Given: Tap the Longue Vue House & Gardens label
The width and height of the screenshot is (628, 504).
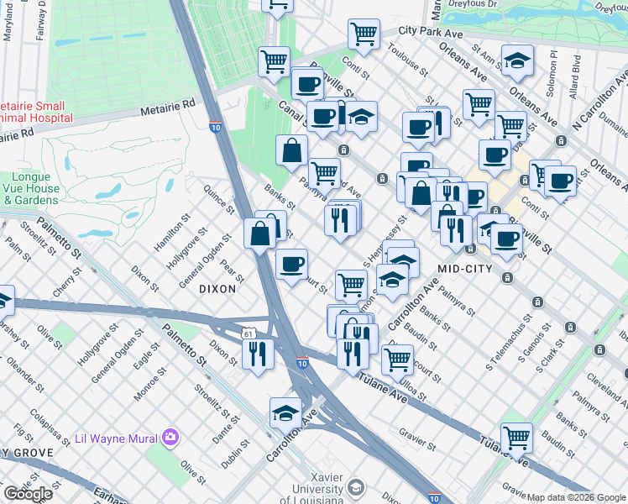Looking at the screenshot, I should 33,189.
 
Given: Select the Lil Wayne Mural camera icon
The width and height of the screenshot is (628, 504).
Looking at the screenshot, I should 171,437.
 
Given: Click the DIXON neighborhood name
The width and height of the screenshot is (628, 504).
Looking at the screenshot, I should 217,288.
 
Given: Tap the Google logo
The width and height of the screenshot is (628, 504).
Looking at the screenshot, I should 28,494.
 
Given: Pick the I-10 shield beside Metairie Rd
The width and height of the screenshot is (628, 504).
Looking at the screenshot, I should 216,127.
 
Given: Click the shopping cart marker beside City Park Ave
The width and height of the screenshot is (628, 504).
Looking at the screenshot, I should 364,34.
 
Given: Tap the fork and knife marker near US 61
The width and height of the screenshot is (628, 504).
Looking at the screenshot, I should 258,354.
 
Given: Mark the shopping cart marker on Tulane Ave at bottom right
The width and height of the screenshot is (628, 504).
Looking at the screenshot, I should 516,438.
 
